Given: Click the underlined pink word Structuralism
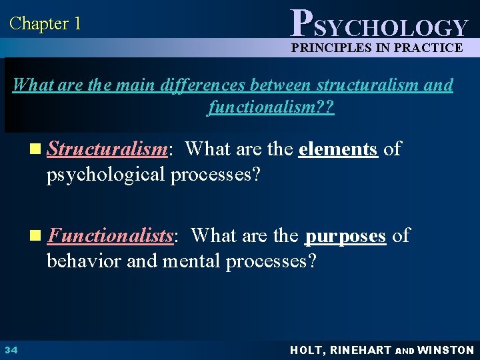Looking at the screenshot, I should pyautogui.click(x=107, y=149).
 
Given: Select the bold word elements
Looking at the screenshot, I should pyautogui.click(x=338, y=149).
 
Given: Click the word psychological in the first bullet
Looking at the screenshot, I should pyautogui.click(x=106, y=174).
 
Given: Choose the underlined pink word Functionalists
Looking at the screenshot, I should pyautogui.click(x=111, y=236).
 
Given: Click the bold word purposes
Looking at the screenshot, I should pyautogui.click(x=345, y=236).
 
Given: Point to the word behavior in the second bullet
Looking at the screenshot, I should pyautogui.click(x=83, y=260).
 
